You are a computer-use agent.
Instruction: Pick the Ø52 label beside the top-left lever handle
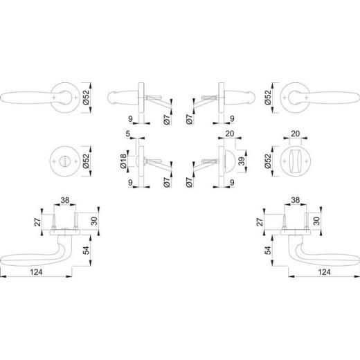[87, 98]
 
